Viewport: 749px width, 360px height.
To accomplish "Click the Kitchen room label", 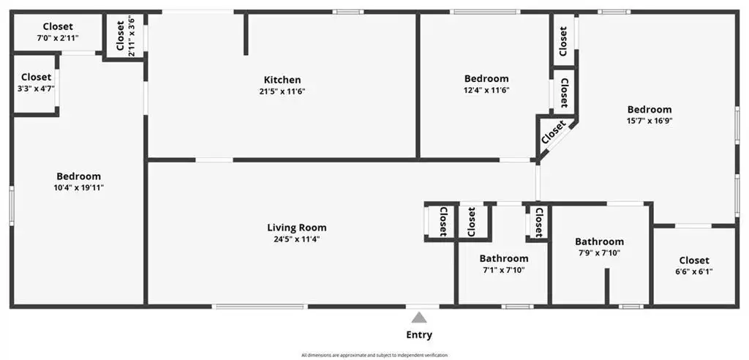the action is (282, 80).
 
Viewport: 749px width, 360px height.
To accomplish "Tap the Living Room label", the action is (297, 228).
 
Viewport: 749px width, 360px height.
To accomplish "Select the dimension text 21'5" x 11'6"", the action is (282, 91).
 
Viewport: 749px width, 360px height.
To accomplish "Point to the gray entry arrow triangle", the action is (419, 318).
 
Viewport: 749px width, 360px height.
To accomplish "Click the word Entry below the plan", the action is (419, 334).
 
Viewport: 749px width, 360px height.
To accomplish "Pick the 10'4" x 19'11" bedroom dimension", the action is (79, 187).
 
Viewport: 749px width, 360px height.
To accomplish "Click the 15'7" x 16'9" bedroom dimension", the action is (650, 121).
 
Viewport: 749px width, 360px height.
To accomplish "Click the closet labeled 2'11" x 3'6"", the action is (125, 37).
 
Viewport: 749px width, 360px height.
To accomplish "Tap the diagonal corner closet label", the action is (554, 132).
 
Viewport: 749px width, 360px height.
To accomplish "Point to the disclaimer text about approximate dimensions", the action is (374, 355).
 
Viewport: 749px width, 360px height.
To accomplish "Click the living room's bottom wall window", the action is (260, 307).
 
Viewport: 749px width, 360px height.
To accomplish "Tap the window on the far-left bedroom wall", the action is (12, 206).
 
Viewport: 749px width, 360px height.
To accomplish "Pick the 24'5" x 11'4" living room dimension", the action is (297, 239).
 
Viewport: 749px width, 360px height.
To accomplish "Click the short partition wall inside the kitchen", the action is (246, 34).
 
